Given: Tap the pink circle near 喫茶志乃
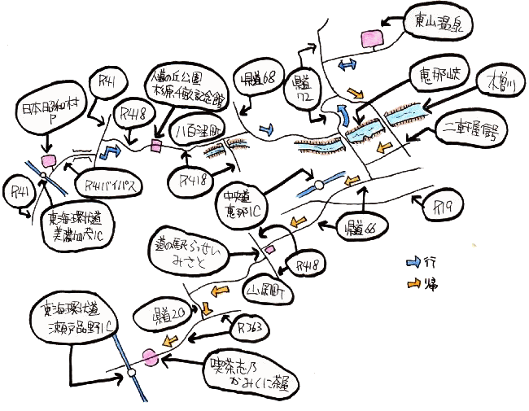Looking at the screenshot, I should (149, 356).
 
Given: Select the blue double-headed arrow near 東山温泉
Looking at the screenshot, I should (349, 63).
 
